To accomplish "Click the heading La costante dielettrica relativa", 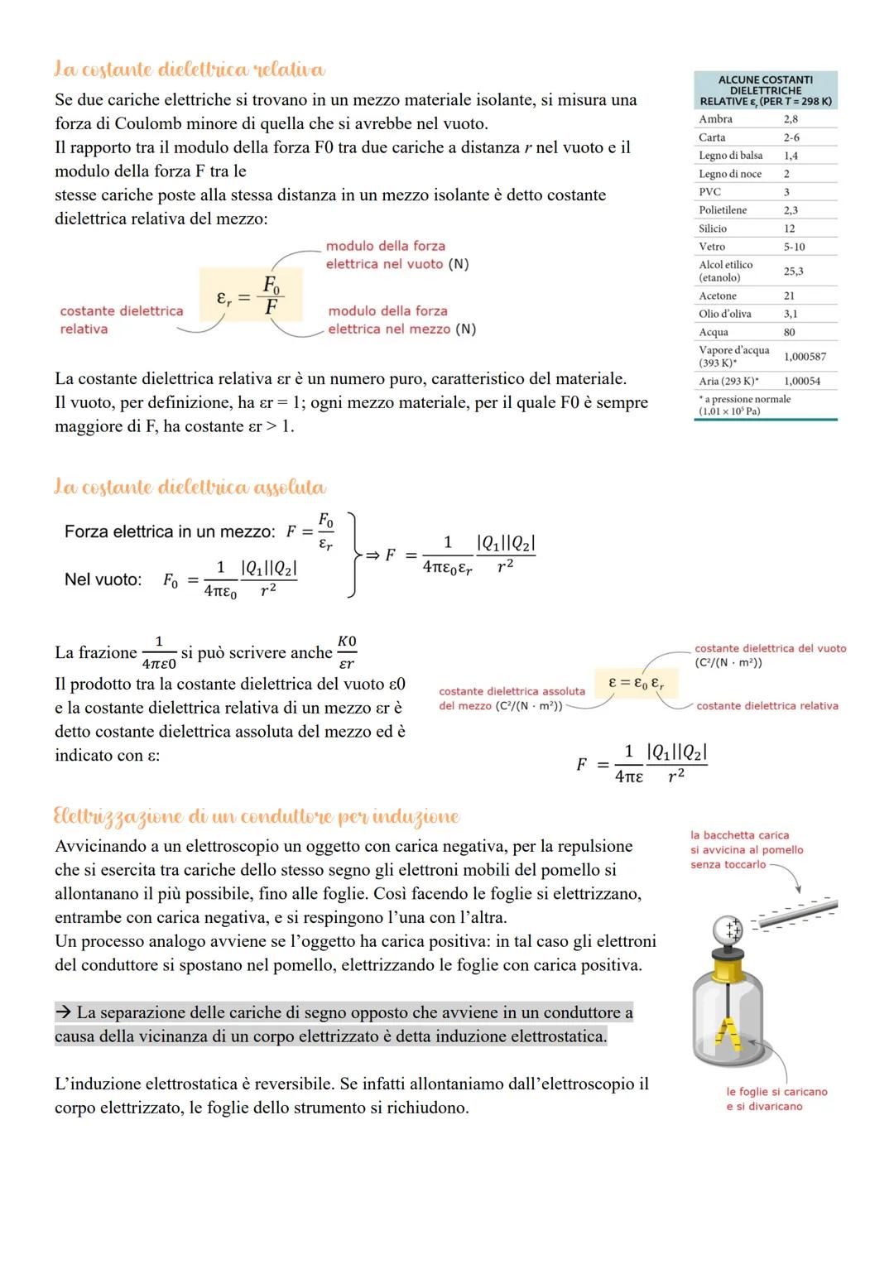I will coord(190,69).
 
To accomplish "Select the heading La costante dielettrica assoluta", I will coord(190,487).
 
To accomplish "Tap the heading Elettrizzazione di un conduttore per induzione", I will coord(256,816).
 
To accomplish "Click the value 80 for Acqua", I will coord(789,332).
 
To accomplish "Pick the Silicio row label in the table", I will coord(713,228).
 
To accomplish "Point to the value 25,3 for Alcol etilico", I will coord(793,272).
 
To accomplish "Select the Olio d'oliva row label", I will coord(725,314).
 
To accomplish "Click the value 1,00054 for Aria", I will coord(802,381).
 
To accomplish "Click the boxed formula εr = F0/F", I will coord(250,295).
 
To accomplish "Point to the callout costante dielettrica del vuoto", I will coord(770,656).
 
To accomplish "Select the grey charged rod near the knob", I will coord(796,913).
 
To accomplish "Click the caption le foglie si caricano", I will coord(776,1099).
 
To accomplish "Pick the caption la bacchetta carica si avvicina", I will coord(746,849).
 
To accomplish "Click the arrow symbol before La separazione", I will coord(63,1012).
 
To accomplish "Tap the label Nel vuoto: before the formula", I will coord(103,579).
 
